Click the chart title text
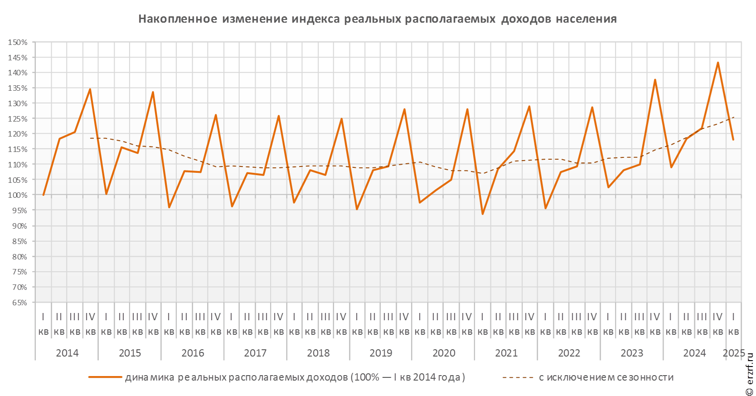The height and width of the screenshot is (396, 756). point(378,19)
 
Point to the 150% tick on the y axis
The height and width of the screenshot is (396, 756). point(18,42)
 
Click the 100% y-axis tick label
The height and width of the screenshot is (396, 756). point(18,195)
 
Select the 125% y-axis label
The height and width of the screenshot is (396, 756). point(18,119)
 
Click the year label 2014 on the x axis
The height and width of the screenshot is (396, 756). point(67,353)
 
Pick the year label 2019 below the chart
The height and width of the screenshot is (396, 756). point(381,353)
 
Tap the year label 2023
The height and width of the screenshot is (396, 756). point(632,353)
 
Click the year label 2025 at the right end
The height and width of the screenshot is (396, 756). point(734,353)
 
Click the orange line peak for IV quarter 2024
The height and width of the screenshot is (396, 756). point(718,63)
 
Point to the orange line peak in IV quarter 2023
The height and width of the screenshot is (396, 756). point(655,80)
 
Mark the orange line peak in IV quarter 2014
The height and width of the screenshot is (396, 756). point(90,89)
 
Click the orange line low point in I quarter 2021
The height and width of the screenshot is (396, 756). point(483,214)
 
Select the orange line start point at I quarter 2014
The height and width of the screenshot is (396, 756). point(44,195)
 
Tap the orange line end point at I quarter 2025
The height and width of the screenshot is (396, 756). point(733,140)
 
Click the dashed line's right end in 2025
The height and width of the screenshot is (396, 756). point(734,117)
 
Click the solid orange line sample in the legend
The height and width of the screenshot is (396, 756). point(106,377)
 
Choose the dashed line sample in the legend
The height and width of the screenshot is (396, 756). point(518,377)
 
